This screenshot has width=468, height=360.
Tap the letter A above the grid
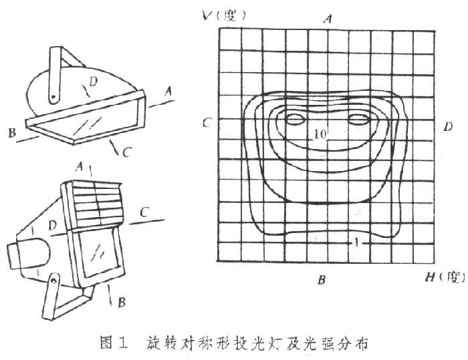point(328,19)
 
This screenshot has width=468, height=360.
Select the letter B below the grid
point(322,279)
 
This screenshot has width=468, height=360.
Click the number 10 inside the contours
point(320,134)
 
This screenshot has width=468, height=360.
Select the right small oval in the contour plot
point(359,120)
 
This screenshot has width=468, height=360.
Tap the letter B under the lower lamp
point(121,303)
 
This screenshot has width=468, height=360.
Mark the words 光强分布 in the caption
point(346,343)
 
